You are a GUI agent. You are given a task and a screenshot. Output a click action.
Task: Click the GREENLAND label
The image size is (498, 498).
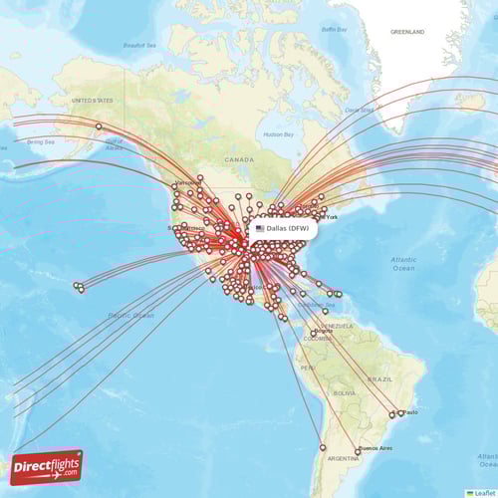click(x=406, y=32)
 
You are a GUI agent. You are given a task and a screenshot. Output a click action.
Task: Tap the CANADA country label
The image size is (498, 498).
click(x=239, y=159)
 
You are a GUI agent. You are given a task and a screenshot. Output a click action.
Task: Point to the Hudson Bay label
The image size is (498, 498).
click(x=278, y=133)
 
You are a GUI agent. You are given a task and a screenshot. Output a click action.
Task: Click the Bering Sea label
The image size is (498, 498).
click(x=41, y=141)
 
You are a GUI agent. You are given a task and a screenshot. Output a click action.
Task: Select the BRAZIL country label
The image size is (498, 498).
click(x=380, y=379)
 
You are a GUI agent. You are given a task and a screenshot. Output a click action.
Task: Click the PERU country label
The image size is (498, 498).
click(x=308, y=369)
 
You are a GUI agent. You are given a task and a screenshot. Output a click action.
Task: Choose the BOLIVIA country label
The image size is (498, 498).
click(x=343, y=392)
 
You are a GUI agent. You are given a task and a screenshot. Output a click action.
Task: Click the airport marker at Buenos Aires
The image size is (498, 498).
click(x=359, y=451)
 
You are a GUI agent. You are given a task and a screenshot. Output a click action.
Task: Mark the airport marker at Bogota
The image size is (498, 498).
click(x=314, y=333)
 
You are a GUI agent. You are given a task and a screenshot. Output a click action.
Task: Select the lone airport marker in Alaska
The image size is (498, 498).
click(x=99, y=125)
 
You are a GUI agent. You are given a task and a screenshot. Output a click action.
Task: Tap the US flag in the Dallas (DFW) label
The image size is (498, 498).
click(x=260, y=228)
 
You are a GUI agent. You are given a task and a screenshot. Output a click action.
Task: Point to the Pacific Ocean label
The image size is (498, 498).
click(x=131, y=315)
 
